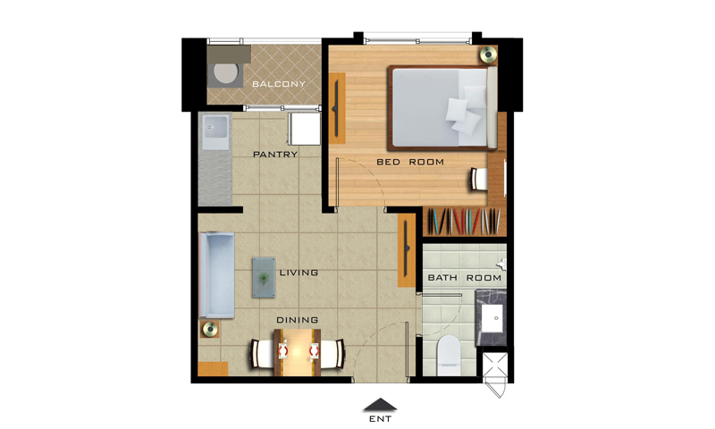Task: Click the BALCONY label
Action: coord(279,84)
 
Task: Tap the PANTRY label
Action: coord(275,155)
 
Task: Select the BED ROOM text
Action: coord(410,162)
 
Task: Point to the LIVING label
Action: coord(299,273)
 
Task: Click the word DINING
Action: coord(298,320)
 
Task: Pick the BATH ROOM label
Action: coord(464,278)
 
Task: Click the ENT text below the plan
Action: coord(381,418)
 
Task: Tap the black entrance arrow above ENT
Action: coord(380,404)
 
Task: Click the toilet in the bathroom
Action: coord(449,355)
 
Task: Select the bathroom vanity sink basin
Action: coord(493,318)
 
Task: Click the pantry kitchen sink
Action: coord(215,131)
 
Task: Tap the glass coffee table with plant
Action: coord(264,277)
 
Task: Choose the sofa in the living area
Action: coord(216,275)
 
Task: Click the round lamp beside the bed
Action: coord(488,55)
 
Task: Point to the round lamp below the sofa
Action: coord(210,329)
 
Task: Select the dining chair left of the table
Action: coord(262,354)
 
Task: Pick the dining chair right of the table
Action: coord(332,354)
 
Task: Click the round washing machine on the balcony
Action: coord(226,73)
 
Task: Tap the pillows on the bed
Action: coord(465,111)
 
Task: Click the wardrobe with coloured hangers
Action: coord(464,222)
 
